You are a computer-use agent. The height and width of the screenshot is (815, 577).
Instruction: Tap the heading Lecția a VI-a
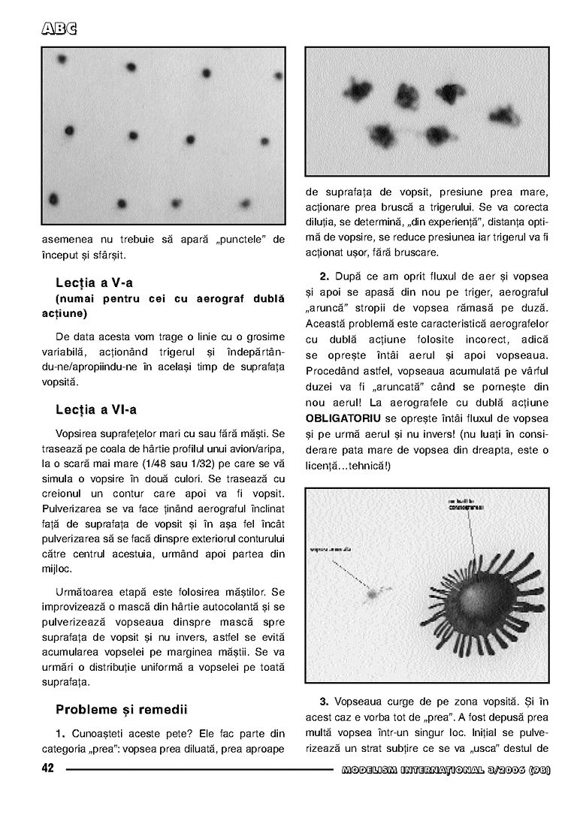click(96, 409)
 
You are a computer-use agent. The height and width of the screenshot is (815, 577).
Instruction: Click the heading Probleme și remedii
click(122, 709)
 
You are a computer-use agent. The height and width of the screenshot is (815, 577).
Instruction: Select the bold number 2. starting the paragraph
click(325, 276)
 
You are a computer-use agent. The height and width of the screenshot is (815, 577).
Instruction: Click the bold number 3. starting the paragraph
click(325, 701)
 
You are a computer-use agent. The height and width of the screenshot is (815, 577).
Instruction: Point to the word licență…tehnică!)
click(348, 465)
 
